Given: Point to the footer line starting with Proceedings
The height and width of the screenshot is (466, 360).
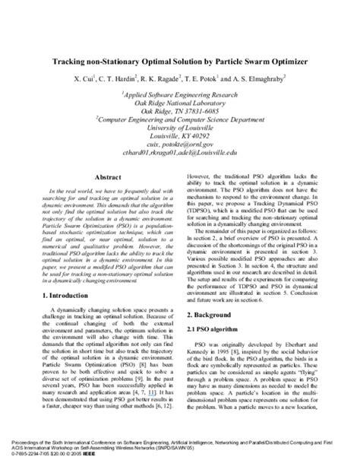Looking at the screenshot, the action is (179, 447).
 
